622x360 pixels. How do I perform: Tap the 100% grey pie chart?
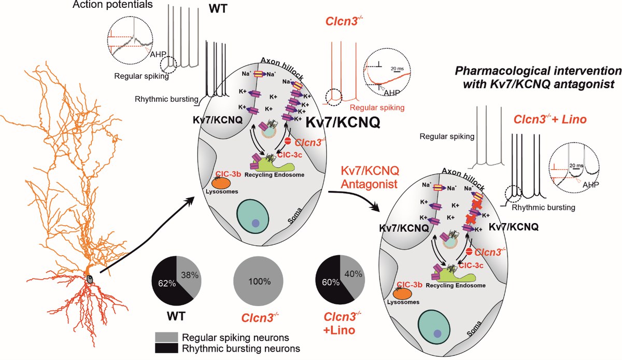pyautogui.click(x=259, y=282)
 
